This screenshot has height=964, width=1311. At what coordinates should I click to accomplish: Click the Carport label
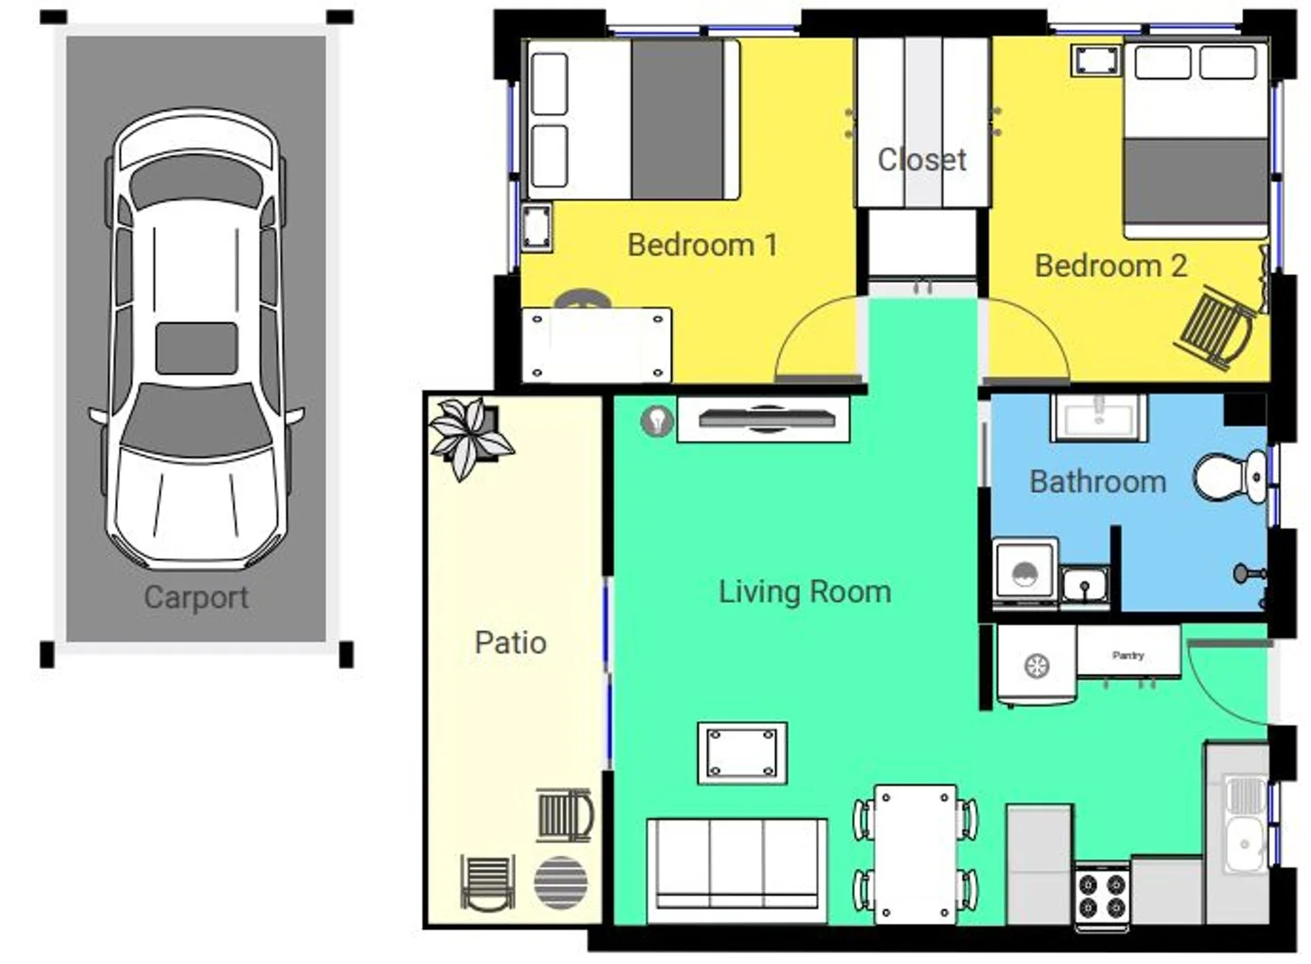pyautogui.click(x=195, y=597)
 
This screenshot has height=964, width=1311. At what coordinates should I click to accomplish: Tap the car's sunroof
pyautogui.click(x=196, y=348)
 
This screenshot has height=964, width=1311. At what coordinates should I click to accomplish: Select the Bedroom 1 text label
pyautogui.click(x=701, y=245)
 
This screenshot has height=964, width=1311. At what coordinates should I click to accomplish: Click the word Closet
pyautogui.click(x=921, y=160)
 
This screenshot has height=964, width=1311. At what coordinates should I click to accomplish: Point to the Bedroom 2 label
pyautogui.click(x=1110, y=265)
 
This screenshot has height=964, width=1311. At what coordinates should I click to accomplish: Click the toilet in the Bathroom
pyautogui.click(x=1229, y=477)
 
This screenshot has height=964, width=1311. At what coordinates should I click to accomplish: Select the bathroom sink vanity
pyautogui.click(x=1099, y=417)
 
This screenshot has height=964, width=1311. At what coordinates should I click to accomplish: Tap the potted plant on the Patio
pyautogui.click(x=468, y=436)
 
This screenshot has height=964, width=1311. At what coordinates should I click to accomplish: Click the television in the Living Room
pyautogui.click(x=764, y=419)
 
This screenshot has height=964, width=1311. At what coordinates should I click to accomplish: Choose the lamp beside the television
pyautogui.click(x=657, y=420)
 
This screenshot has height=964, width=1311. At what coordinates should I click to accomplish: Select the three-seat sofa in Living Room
pyautogui.click(x=736, y=869)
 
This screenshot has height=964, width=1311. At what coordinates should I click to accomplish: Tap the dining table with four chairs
pyautogui.click(x=915, y=852)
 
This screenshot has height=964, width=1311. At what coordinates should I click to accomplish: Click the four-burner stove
pyautogui.click(x=1101, y=896)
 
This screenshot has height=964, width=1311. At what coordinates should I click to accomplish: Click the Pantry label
pyautogui.click(x=1128, y=655)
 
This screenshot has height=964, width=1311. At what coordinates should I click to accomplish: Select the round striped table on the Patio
pyautogui.click(x=560, y=883)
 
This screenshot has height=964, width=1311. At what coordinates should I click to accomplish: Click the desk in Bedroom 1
pyautogui.click(x=596, y=345)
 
